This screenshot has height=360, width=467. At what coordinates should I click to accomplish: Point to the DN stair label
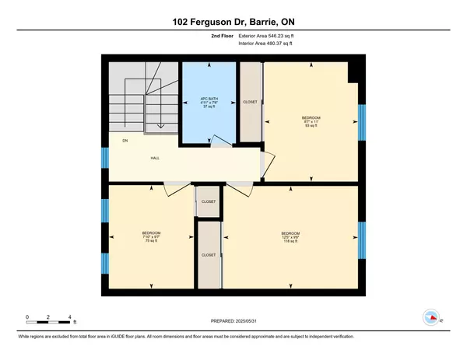124,141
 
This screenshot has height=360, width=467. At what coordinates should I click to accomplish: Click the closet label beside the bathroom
251,101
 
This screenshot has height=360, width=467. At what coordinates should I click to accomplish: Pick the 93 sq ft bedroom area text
311,127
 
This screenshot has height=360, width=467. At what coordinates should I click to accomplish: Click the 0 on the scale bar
26,317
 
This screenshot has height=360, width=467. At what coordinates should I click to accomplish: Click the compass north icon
430,317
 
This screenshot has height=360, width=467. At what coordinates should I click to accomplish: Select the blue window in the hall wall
105,158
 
